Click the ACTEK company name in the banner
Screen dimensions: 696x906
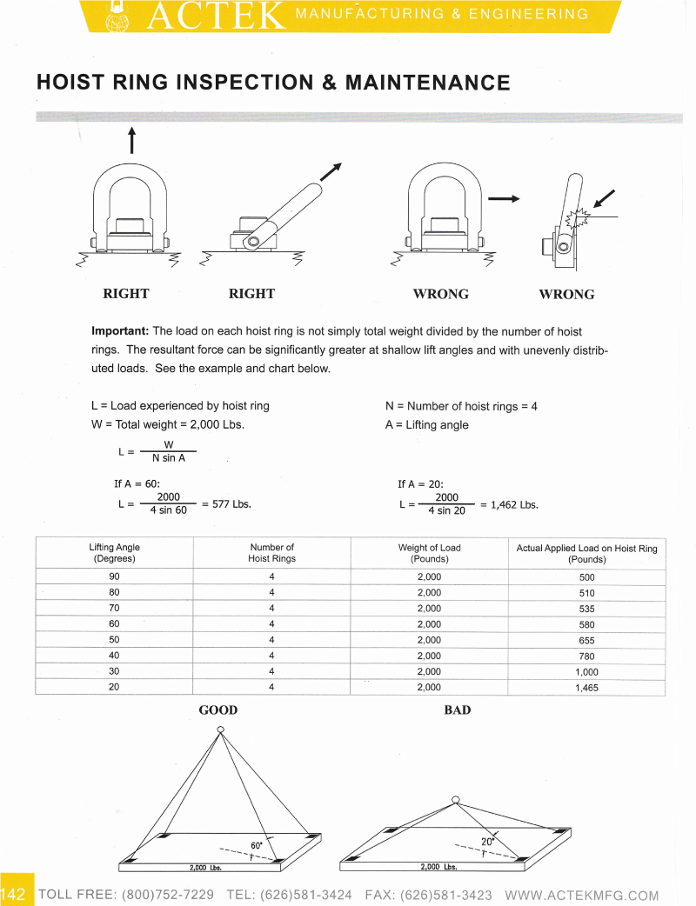coord(216,16)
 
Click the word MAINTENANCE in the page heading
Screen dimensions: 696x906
coord(428,83)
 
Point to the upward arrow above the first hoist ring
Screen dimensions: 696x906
coord(131,140)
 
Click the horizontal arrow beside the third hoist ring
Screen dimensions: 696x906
coord(504,199)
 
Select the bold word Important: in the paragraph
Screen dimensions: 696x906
coord(120,331)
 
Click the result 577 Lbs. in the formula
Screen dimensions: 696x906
coord(231,503)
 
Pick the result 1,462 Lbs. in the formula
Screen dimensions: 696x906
coord(514,504)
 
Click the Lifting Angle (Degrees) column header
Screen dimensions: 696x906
coord(115,553)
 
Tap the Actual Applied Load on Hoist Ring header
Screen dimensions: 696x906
coord(586,554)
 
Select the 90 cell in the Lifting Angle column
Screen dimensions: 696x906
coord(115,576)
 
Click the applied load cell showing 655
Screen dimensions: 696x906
coord(586,640)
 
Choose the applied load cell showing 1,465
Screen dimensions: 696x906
coord(586,688)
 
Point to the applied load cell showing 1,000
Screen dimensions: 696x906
coord(586,672)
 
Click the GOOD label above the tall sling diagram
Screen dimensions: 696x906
coord(217,710)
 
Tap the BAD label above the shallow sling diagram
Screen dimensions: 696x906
coord(458,710)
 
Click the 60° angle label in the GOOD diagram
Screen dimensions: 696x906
coord(257,845)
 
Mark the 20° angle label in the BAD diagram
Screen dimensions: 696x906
coord(488,842)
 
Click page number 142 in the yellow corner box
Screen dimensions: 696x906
coord(13,894)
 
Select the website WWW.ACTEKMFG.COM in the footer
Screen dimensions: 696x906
coord(581,895)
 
